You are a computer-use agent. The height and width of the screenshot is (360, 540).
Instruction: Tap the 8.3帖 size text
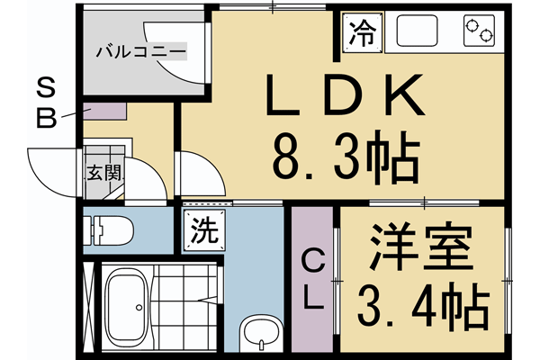click(345, 159)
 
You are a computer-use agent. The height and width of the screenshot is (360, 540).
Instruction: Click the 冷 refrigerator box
click(362, 34)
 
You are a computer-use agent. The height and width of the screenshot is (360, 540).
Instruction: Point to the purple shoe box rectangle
click(105, 112)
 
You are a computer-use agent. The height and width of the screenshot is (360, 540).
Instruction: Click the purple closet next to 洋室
click(312, 281)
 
